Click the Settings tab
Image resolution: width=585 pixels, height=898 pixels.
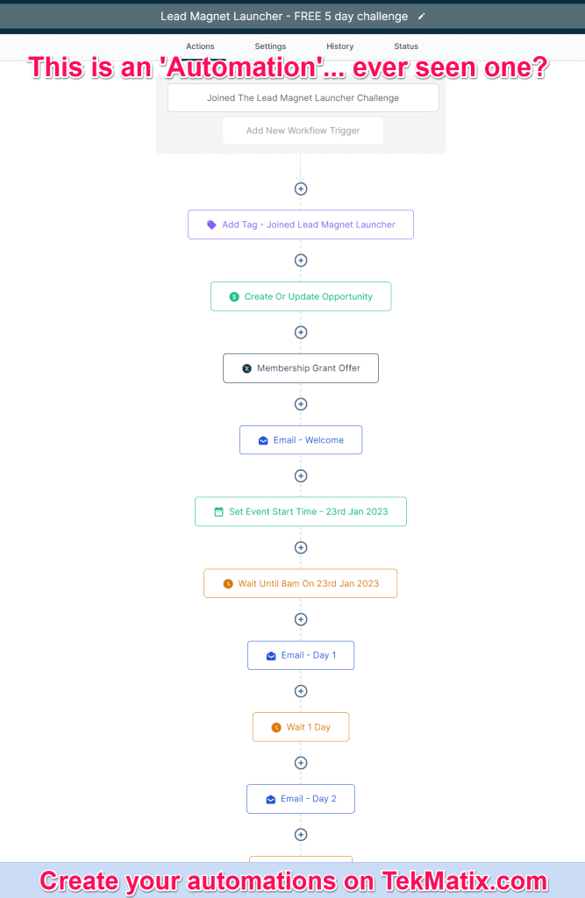270,46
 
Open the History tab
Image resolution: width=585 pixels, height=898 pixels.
339,46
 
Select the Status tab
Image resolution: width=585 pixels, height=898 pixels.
406,46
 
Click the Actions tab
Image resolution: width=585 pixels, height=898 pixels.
200,46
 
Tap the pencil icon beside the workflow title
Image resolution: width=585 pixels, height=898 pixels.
421,17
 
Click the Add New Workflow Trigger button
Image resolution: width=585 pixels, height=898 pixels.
303,131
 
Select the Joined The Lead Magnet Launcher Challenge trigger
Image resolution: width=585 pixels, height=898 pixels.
303,98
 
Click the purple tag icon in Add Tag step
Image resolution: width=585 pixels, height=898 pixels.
211,225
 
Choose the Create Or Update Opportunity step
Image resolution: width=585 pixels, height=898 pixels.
301,296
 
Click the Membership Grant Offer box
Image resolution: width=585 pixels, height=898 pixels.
301,368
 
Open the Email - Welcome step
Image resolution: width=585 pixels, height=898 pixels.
301,440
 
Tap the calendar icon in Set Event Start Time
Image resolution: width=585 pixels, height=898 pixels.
218,512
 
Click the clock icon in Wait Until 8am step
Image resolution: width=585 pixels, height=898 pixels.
228,583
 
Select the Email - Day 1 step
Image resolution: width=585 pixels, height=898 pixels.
301,655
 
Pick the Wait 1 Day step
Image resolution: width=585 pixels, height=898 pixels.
301,727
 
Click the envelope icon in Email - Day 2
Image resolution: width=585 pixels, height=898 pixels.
270,800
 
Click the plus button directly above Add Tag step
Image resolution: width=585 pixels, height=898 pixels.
301,189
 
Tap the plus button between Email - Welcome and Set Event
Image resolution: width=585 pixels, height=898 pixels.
301,476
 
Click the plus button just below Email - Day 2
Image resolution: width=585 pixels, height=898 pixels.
301,835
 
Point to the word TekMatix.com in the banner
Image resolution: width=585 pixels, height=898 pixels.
465,880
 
